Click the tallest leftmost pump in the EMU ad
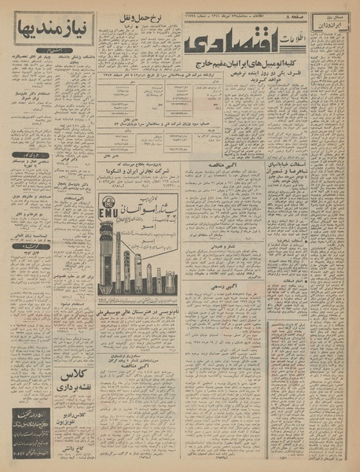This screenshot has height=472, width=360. click(106, 252)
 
